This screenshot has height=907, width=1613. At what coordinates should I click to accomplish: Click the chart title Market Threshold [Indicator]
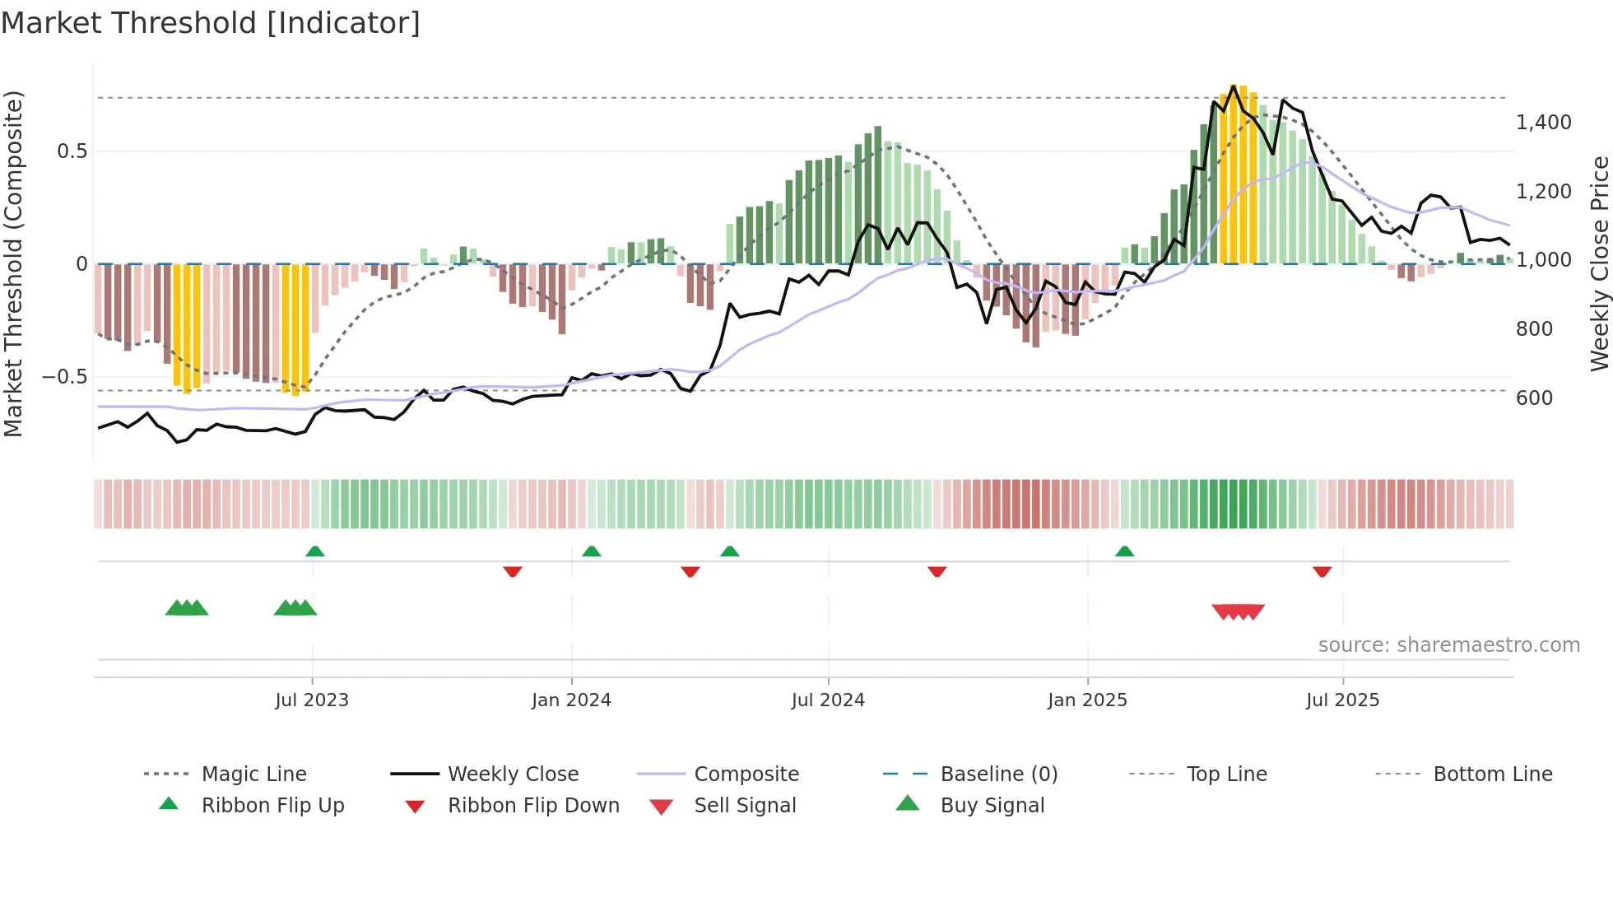click(211, 23)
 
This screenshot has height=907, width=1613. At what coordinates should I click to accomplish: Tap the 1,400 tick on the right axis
click(1543, 123)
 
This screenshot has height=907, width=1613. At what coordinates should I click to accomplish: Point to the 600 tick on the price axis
click(1534, 398)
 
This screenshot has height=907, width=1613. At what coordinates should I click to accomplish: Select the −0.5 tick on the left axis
click(64, 377)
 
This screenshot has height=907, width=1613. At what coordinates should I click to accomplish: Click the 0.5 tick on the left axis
click(72, 151)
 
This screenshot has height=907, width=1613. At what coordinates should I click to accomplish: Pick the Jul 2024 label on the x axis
click(828, 700)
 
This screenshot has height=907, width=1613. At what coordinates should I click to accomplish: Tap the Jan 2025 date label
click(1087, 700)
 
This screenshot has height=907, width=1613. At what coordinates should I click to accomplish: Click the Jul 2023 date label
click(312, 700)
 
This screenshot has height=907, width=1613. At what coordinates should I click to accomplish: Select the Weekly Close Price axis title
click(1599, 263)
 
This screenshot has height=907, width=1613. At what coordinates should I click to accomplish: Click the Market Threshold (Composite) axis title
click(14, 263)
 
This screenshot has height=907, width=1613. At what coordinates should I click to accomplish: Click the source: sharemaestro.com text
click(1448, 645)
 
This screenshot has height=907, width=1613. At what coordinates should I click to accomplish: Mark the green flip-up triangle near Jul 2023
click(315, 551)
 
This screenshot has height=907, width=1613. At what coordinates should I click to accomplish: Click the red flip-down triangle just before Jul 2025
click(1322, 571)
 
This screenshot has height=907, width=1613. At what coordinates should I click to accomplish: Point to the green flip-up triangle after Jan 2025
click(1124, 551)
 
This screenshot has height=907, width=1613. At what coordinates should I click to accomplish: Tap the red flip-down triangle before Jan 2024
click(513, 571)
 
